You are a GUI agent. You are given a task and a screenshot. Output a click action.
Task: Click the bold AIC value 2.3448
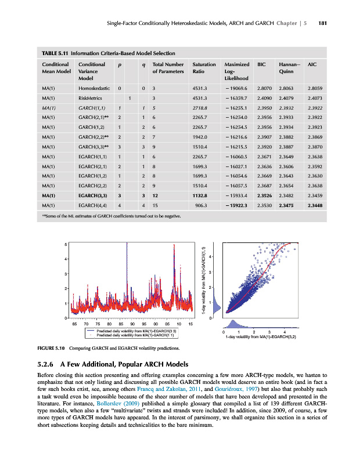[315, 205]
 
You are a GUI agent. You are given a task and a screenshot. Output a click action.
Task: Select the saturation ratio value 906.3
[204, 205]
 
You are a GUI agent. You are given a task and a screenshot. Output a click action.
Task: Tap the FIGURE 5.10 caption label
[51, 348]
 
